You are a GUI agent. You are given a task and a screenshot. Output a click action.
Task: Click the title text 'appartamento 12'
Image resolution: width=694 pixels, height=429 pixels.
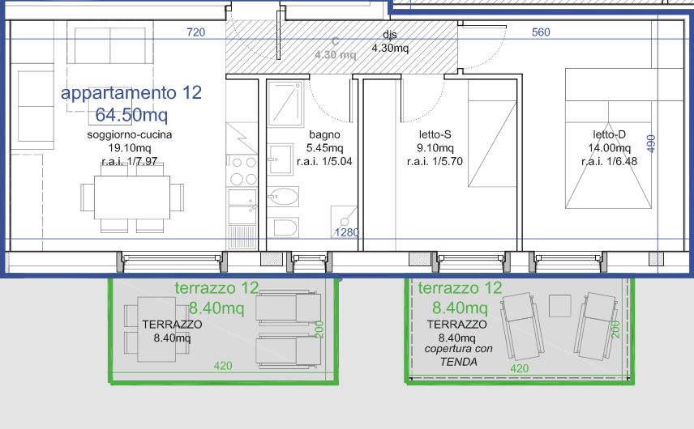[x=131, y=93]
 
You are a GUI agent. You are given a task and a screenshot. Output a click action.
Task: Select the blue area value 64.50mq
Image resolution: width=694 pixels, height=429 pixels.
[x=131, y=114]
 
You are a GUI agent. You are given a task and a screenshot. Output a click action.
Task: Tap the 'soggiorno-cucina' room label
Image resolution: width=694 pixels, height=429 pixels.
[x=130, y=135]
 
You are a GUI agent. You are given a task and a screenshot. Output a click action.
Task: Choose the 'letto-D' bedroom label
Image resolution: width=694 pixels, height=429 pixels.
[x=609, y=135]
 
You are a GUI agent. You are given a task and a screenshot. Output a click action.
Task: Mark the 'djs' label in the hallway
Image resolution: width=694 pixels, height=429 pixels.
[x=390, y=35]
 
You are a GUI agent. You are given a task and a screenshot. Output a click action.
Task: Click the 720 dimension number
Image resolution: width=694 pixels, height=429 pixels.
[x=195, y=33]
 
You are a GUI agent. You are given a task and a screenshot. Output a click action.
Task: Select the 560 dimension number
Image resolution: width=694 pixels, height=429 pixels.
[x=541, y=33]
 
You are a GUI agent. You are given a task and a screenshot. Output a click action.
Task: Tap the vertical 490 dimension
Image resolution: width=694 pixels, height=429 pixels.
[x=650, y=143]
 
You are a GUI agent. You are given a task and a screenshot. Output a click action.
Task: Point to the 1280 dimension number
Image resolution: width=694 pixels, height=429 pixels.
[x=347, y=233]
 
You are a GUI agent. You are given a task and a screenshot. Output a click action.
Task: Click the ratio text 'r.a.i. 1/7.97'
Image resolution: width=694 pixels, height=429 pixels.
[x=130, y=161]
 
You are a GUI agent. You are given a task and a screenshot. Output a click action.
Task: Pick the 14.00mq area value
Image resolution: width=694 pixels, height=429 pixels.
[x=609, y=148]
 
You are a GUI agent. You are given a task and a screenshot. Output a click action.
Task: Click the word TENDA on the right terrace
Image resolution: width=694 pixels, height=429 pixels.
[x=458, y=362]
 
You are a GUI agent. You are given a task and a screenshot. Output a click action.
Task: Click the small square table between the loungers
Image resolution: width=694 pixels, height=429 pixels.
[x=559, y=305]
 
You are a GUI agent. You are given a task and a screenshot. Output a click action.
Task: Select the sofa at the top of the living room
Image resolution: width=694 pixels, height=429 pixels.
[x=108, y=45]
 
